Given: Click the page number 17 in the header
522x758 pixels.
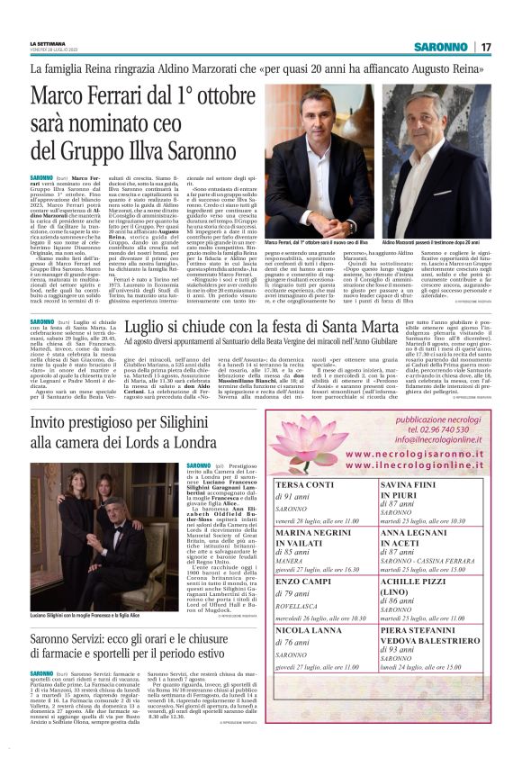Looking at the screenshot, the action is (485, 47).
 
